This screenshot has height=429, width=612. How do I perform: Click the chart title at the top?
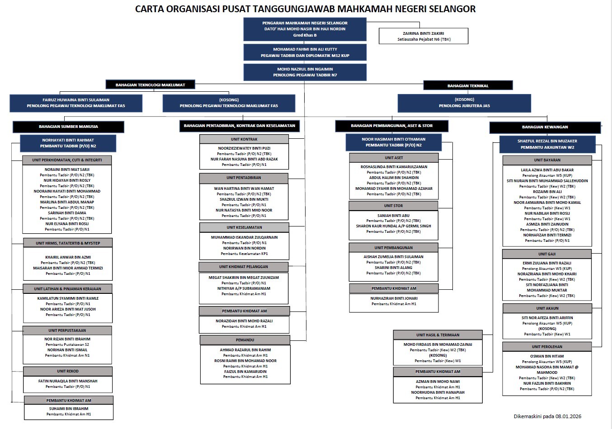305,9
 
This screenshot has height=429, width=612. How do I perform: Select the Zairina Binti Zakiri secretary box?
423,36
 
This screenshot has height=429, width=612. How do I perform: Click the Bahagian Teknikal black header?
467,85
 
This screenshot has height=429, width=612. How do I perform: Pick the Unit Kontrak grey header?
244,139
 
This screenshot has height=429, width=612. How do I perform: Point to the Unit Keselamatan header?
244,227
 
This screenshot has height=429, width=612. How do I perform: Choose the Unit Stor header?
393,206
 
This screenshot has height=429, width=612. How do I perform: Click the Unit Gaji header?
546,254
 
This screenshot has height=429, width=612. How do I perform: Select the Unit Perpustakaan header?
67,330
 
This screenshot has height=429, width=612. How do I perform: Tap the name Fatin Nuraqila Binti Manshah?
67,381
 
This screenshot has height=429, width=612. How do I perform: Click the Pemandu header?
245,340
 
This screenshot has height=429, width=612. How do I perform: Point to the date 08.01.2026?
568,416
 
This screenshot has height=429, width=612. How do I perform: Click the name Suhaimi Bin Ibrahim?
69,409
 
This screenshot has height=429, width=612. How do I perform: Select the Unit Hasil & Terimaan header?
438,335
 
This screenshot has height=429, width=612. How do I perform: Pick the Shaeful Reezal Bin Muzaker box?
547,144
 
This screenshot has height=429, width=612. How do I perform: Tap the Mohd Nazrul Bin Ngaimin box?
305,72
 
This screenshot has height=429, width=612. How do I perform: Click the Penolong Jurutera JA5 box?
464,103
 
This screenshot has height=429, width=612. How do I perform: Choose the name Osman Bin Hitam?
547,356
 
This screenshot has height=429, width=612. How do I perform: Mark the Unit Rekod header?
67,371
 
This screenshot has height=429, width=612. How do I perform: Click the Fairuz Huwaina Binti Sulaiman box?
76,103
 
